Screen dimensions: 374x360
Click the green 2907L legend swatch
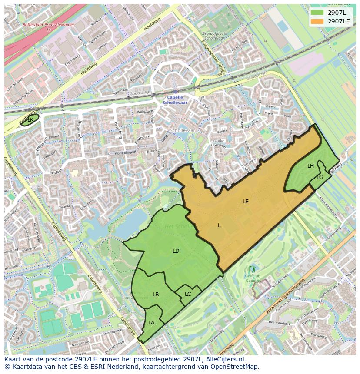coord(317,13)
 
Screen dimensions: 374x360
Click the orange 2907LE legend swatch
coord(317,21)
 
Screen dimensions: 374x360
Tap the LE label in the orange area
coord(246,202)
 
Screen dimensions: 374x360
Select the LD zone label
coord(176,251)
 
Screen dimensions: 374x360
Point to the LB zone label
coord(156,295)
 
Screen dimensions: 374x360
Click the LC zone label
coord(188,294)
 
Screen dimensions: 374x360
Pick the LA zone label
coord(151,323)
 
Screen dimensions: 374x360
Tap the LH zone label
coord(310,166)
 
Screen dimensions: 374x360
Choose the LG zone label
coord(320,177)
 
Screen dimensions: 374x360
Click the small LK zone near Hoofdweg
coord(30,119)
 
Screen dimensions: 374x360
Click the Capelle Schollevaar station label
coord(175,100)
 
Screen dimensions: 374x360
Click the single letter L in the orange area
coord(219,225)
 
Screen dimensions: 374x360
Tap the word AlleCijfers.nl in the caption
coord(225,360)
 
